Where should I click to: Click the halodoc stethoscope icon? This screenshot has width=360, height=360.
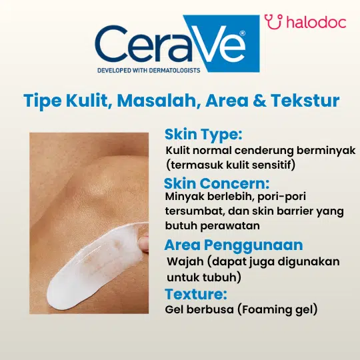tap(273, 22)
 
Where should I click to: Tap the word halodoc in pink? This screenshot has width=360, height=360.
tap(317, 22)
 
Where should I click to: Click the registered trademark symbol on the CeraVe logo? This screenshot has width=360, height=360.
tap(242, 33)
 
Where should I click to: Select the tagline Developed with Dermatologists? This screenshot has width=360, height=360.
tap(149, 70)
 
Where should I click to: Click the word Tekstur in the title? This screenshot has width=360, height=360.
tap(305, 101)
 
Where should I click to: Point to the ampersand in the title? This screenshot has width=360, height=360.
tap(259, 101)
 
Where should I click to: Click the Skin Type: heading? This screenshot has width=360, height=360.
tap(203, 135)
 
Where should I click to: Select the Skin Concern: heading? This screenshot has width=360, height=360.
tap(217, 183)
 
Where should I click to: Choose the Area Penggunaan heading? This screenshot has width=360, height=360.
tap(234, 245)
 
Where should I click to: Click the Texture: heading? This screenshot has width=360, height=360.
tap(196, 294)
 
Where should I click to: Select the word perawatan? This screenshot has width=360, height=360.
tap(230, 226)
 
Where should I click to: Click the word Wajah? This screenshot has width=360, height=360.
tap(185, 262)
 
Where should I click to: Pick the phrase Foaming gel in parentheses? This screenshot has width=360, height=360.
tap(279, 309)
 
